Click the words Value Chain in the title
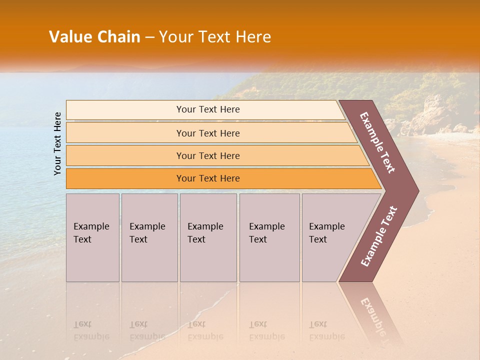click(94, 37)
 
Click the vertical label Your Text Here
click(57, 143)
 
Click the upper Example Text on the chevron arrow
click(377, 142)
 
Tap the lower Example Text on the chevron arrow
click(379, 236)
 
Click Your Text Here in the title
click(215, 37)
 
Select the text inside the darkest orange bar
click(208, 178)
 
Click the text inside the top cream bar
click(208, 109)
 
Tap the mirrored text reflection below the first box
click(91, 330)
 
